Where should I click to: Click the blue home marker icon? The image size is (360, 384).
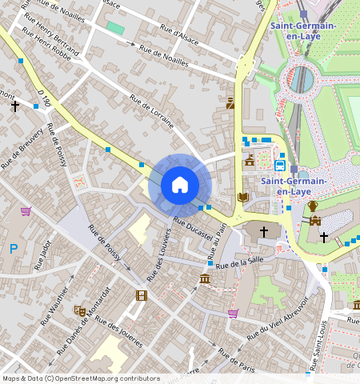pos(180,185)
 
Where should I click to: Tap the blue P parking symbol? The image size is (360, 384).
pos(13,249)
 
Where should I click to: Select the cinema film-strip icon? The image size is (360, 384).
pos(142,295)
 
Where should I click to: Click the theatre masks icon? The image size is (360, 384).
pos(79,310)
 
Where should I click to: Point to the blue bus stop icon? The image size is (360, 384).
pos(280,166)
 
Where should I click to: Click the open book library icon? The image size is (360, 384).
pos(242,197)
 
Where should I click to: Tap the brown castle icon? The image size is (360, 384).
pos(315,221)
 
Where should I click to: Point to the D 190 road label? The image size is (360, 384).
pos(43,98)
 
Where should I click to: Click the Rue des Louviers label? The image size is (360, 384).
pos(158,254)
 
